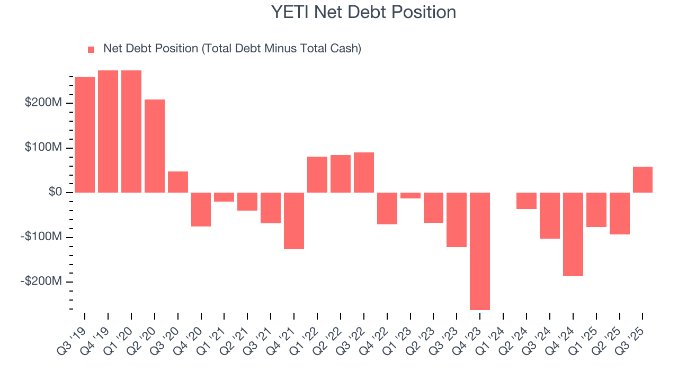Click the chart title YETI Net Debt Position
pos(363,12)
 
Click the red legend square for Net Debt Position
pos(91,49)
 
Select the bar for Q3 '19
pos(85,134)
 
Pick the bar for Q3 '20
pos(178,182)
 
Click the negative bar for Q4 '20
pos(201,209)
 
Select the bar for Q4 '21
pos(294,220)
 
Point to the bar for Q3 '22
pos(364,172)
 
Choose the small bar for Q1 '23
pos(411,195)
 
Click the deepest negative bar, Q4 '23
pos(480,251)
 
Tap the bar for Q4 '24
pos(573,234)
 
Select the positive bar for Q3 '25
pos(643,179)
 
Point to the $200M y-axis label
pos(43,102)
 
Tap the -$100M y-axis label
pos(42,237)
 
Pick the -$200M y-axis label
pos(42,282)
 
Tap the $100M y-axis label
pos(43,147)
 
